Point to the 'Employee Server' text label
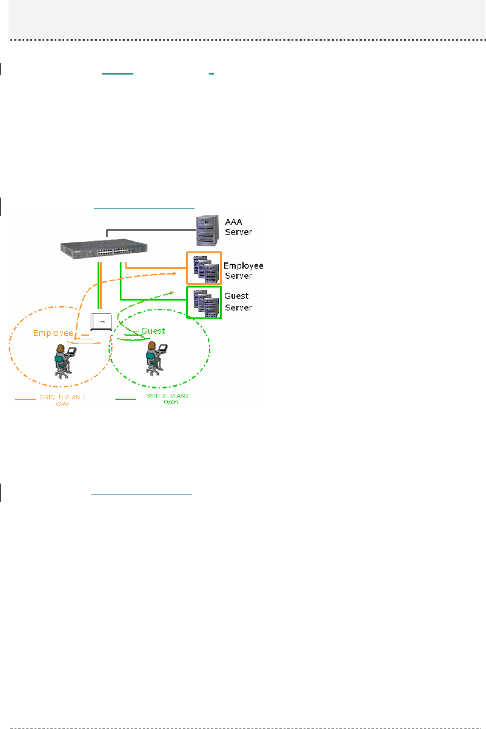(242, 271)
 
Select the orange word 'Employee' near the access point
(53, 333)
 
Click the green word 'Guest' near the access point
(153, 331)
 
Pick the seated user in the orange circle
(63, 360)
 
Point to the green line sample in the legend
(125, 399)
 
